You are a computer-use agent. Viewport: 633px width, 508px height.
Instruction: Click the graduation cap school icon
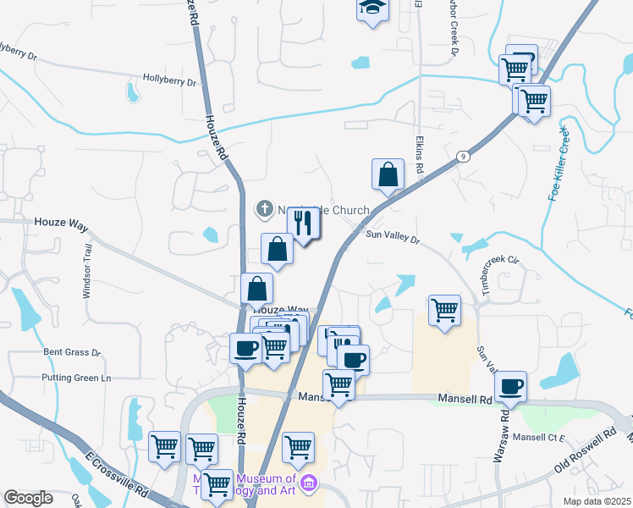[x=371, y=10]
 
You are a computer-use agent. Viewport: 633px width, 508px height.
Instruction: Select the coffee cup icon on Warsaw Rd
[x=510, y=387]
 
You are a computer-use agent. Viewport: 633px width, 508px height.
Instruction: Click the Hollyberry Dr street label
[x=169, y=83]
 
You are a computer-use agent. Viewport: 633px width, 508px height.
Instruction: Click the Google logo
[x=28, y=498]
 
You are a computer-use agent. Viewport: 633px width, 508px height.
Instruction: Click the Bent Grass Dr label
[x=72, y=352]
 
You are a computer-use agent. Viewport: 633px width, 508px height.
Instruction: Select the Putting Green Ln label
[x=76, y=378]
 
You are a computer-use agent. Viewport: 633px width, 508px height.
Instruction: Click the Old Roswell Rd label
[x=584, y=453]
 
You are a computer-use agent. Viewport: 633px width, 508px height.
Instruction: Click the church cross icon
[x=264, y=208]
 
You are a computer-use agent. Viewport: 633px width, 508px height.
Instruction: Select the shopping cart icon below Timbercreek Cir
[x=444, y=311]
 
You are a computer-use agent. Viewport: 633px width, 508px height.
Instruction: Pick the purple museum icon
[x=309, y=484]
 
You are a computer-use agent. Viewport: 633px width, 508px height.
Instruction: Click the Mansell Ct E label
[x=538, y=438]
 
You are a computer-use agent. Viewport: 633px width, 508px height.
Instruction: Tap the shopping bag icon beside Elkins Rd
[x=387, y=174]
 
